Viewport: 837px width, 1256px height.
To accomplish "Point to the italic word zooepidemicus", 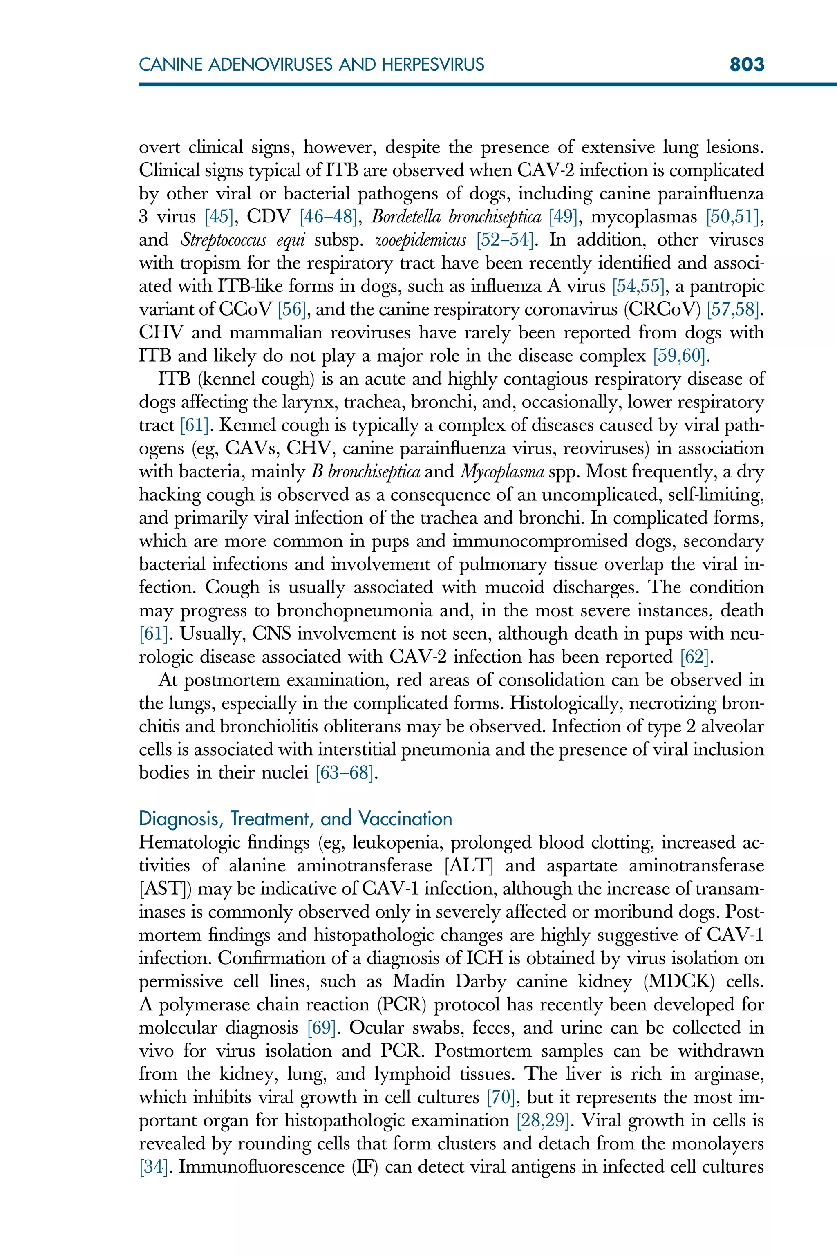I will [x=420, y=240].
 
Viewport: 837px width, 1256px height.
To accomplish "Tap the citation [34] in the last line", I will [x=154, y=1167].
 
